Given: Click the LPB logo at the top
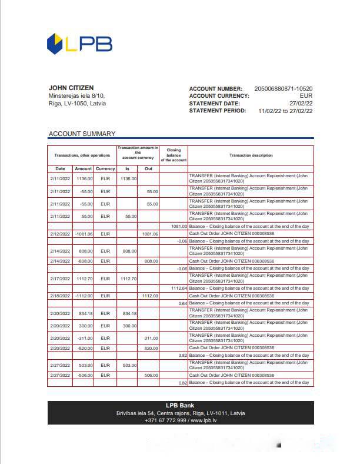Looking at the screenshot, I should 79,44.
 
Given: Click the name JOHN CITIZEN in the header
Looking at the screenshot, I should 71,88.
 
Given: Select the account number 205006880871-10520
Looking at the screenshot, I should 283,89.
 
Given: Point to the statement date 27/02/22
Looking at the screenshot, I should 301,103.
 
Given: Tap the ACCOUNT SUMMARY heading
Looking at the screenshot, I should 82,134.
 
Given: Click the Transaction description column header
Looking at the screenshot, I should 251,155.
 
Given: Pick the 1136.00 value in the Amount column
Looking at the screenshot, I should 85,178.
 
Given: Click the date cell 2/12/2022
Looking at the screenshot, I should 60,234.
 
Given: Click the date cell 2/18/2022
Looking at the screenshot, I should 60,296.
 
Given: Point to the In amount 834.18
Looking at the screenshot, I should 127,313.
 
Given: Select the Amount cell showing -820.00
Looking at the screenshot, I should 85,348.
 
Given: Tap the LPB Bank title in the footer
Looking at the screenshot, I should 180,406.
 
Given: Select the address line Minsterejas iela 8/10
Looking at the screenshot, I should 76,96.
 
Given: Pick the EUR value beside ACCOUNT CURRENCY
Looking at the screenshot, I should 306,96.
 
